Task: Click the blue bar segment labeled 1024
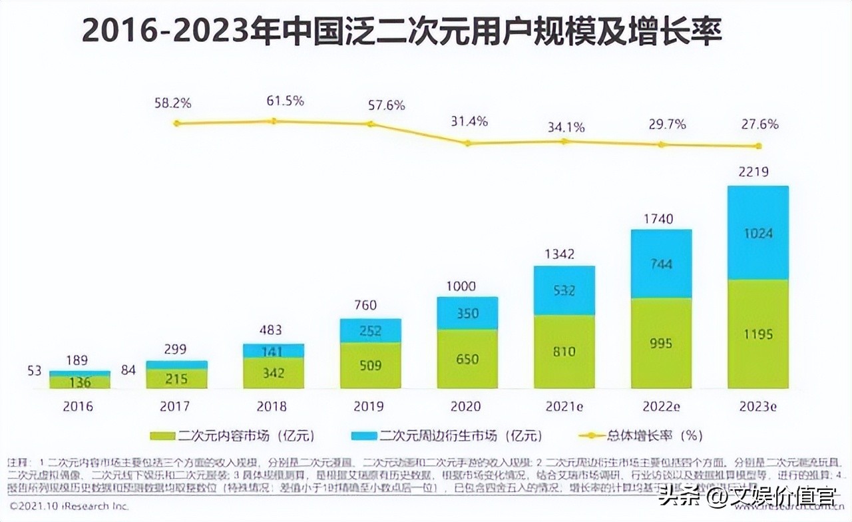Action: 758,233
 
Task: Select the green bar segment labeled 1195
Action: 758,334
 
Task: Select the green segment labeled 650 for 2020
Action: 467,360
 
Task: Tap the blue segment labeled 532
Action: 564,290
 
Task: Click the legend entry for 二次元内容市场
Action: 232,436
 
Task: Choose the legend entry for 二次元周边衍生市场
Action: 445,436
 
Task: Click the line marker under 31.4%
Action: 468,143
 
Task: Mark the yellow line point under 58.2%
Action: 176,123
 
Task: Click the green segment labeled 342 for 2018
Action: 274,373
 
